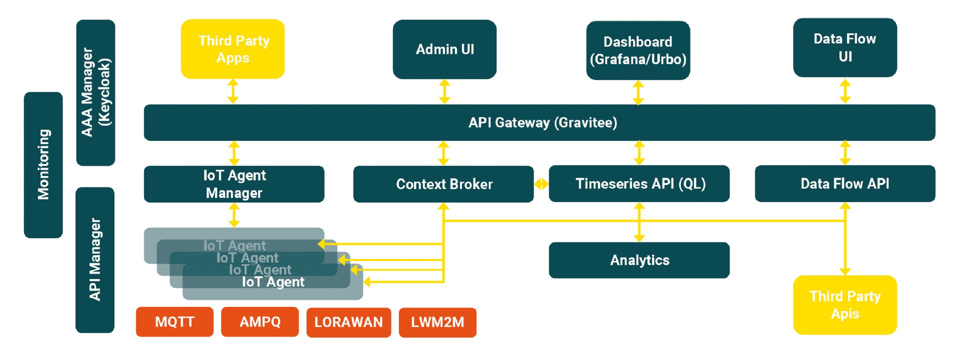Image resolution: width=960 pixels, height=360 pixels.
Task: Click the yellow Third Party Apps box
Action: (x=232, y=49)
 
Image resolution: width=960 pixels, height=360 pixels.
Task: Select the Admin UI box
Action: (x=444, y=49)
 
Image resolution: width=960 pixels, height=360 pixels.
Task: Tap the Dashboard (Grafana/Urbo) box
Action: (x=638, y=50)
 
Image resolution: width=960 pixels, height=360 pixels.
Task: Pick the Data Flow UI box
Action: (x=845, y=47)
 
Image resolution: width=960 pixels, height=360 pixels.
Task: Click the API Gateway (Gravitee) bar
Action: (x=539, y=122)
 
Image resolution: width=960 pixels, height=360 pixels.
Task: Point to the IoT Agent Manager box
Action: (x=234, y=184)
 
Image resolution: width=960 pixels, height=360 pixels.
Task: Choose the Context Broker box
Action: (x=443, y=184)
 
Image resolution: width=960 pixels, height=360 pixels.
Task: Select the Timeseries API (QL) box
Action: (x=639, y=183)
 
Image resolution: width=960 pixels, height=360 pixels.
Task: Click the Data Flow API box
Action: (x=845, y=183)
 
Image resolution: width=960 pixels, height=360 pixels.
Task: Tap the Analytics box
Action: (x=639, y=260)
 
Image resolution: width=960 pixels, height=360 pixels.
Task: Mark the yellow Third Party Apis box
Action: (x=845, y=305)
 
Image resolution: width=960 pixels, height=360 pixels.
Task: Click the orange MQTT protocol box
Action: (x=174, y=321)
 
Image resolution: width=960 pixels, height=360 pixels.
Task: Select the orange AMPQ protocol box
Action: (x=260, y=321)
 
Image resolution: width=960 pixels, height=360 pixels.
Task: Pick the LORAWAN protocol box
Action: (x=348, y=322)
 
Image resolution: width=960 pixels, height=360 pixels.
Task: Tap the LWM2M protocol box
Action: (x=437, y=322)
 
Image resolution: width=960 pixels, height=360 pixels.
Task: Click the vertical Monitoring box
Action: (x=43, y=165)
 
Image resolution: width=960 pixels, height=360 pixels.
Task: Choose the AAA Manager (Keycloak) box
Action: (x=95, y=92)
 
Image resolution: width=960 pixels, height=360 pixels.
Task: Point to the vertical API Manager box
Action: (x=95, y=260)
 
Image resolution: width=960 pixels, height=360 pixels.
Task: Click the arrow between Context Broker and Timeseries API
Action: (x=541, y=184)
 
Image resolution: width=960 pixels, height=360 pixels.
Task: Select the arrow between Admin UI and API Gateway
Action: (x=444, y=91)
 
